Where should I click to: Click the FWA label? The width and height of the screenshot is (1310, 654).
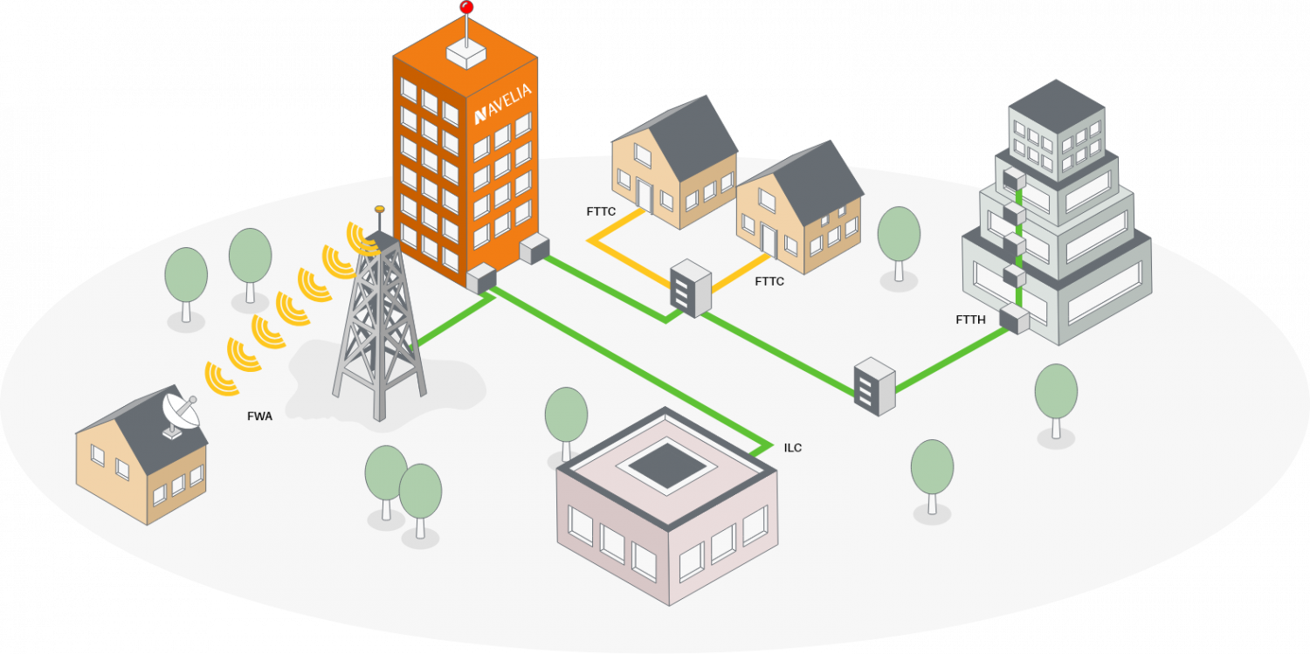click(x=259, y=416)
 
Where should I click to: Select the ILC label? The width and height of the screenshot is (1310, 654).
click(x=793, y=448)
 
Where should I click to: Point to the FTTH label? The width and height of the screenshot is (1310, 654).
click(x=970, y=320)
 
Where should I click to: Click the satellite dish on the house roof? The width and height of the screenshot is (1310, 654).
click(x=178, y=412)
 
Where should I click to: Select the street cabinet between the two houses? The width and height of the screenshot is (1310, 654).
click(x=691, y=291)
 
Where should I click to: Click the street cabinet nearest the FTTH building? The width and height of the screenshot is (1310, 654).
click(x=874, y=385)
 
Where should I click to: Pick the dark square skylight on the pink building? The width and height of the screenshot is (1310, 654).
click(x=667, y=464)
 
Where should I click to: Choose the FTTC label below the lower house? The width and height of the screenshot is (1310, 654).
click(x=769, y=281)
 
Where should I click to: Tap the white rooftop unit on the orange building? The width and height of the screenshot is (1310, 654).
click(x=466, y=53)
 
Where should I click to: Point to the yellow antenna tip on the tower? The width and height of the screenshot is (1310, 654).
click(x=379, y=210)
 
